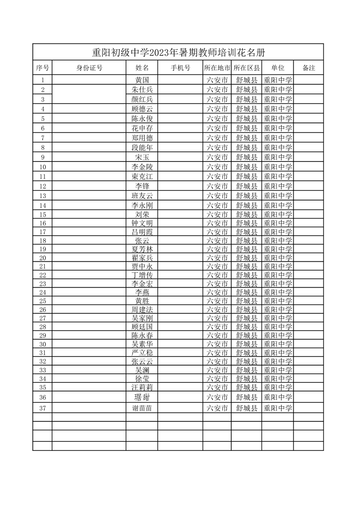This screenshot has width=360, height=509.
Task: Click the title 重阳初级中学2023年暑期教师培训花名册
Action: click(x=178, y=52)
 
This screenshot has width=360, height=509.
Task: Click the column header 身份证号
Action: click(x=89, y=68)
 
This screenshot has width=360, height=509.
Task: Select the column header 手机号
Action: click(x=180, y=68)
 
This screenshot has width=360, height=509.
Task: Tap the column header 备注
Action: click(x=308, y=68)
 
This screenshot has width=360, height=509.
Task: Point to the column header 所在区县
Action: click(x=247, y=68)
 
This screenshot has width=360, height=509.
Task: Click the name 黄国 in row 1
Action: click(x=142, y=80)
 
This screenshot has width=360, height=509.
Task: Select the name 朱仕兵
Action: click(x=142, y=89)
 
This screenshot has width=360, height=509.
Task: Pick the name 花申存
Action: click(x=142, y=128)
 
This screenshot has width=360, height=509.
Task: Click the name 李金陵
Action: click(x=142, y=167)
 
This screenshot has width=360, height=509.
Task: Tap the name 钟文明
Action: click(x=142, y=223)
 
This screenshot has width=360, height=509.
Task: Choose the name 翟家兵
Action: click(x=142, y=258)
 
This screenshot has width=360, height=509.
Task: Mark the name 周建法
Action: click(x=142, y=309)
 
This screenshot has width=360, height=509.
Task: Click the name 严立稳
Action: click(x=142, y=352)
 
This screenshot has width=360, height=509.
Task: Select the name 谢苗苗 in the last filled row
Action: click(x=142, y=408)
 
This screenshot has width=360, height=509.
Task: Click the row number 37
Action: click(x=43, y=408)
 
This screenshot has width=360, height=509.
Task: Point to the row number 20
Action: click(x=43, y=258)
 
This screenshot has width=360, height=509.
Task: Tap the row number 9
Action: click(x=43, y=157)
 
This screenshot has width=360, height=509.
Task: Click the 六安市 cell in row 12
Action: click(x=217, y=186)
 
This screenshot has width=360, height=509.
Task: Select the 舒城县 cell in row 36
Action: click(x=247, y=397)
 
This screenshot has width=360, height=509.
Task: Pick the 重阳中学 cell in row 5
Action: click(x=278, y=118)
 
